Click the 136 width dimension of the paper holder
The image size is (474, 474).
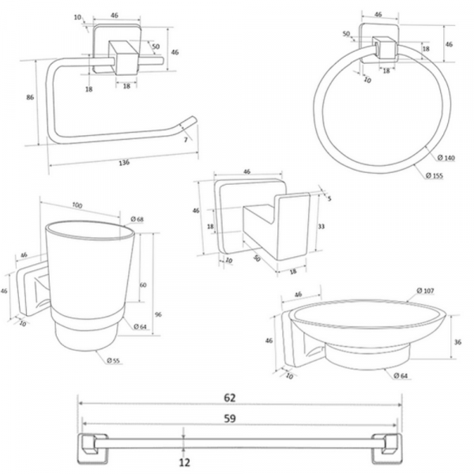[124, 163]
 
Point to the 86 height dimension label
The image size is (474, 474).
[30, 96]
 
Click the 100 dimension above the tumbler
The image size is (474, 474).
[77, 206]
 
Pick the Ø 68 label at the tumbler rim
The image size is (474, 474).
[137, 218]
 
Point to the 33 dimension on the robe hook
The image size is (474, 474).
[321, 226]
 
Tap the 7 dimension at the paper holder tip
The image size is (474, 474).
[184, 140]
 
